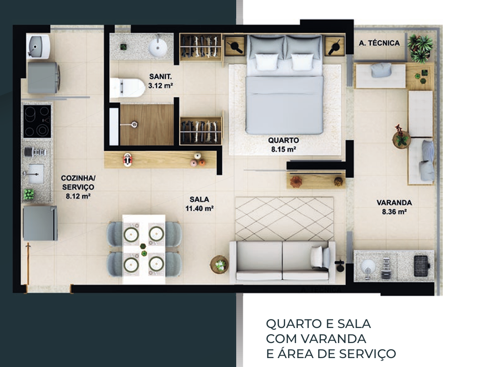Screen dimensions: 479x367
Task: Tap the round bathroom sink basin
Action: coord(158,47)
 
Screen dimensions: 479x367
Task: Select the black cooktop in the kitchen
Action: coord(37,121)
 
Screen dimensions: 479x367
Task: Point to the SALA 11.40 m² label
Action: coord(199,204)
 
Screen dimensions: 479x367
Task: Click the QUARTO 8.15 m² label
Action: coord(283,145)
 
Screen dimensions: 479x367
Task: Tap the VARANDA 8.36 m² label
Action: coord(394,207)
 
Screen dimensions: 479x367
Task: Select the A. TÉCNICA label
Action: coord(379,43)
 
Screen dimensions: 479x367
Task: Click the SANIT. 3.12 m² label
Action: coord(160,81)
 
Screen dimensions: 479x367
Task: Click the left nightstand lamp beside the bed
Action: coord(235,46)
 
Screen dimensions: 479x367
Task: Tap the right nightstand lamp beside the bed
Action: coord(335,47)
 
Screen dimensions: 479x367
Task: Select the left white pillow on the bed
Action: coord(267,62)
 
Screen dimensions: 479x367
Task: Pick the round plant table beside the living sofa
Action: coord(219,264)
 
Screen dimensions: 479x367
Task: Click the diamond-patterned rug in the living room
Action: coord(284,219)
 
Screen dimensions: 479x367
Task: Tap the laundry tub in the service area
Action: coord(38,47)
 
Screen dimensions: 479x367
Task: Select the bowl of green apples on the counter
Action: coord(29,195)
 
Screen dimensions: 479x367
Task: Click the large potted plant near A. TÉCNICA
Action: coord(421,47)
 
